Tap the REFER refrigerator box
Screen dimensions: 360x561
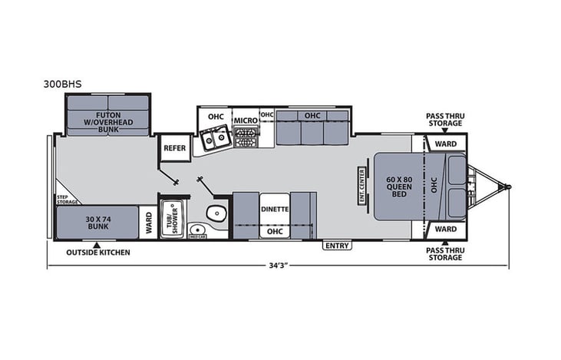pyautogui.click(x=175, y=148)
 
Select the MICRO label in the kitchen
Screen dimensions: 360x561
pyautogui.click(x=245, y=121)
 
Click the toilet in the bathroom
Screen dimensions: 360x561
pyautogui.click(x=219, y=213)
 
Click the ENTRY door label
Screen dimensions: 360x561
pyautogui.click(x=337, y=246)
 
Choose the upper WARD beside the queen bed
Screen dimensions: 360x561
pyautogui.click(x=445, y=144)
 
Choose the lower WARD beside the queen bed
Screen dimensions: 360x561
pyautogui.click(x=445, y=229)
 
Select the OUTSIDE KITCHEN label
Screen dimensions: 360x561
pyautogui.click(x=97, y=253)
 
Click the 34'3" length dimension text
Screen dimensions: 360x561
pyautogui.click(x=279, y=266)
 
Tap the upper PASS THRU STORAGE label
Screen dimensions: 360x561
pyautogui.click(x=445, y=120)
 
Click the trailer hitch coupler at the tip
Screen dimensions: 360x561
pyautogui.click(x=506, y=186)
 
